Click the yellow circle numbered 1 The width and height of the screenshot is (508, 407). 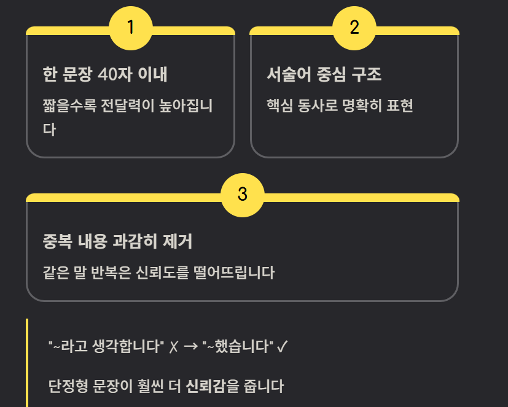(x=130, y=28)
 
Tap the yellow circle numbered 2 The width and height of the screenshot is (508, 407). (x=354, y=28)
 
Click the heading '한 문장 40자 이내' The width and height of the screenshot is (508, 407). (x=105, y=75)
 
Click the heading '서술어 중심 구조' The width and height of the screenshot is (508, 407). (x=324, y=75)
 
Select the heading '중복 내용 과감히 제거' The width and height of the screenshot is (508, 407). (x=117, y=241)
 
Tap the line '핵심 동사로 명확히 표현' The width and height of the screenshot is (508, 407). (x=339, y=106)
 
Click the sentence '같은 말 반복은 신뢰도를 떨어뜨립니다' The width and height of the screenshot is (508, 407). (x=158, y=272)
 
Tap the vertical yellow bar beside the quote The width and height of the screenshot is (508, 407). (x=27, y=362)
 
